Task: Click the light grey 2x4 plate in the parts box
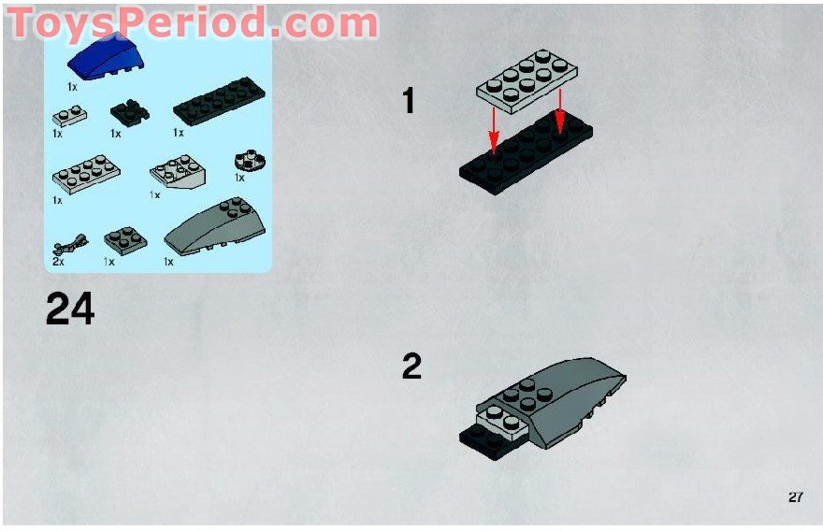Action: click(86, 173)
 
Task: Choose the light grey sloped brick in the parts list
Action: click(180, 173)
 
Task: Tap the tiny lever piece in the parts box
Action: click(68, 247)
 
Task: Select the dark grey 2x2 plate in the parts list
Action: click(125, 240)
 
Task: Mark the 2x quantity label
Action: click(58, 263)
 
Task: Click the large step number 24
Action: click(69, 309)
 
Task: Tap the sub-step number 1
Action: click(408, 101)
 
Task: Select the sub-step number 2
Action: click(411, 366)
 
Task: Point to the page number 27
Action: click(795, 497)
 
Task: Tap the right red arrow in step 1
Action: click(559, 109)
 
